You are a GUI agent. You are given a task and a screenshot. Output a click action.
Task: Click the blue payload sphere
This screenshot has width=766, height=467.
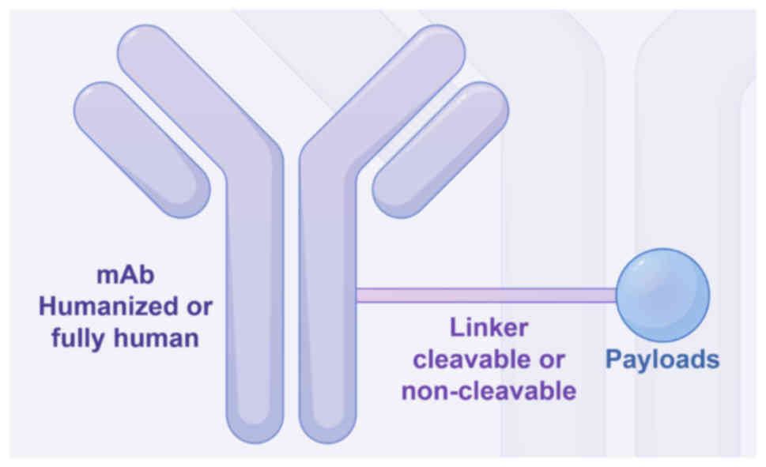[662, 295]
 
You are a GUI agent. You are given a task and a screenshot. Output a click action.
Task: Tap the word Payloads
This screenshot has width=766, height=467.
[662, 360]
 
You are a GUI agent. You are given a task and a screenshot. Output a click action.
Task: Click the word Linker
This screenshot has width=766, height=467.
[489, 328]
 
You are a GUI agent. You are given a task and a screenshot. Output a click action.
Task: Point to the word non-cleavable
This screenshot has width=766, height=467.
[489, 391]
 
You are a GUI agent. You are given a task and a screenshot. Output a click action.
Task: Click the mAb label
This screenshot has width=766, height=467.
[125, 277]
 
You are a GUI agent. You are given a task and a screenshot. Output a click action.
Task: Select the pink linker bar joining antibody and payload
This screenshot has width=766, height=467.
[486, 296]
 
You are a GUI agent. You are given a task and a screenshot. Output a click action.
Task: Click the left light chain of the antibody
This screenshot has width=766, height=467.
[142, 149]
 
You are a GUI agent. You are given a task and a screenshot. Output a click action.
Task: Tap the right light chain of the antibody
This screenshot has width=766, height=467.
[440, 149]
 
